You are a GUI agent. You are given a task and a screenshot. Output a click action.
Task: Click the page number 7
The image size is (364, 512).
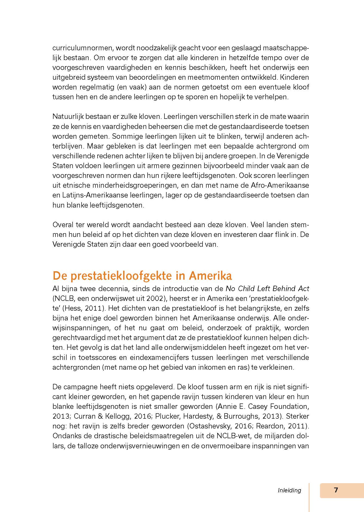(336, 490)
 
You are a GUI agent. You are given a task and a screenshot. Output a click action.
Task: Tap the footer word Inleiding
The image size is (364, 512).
(290, 490)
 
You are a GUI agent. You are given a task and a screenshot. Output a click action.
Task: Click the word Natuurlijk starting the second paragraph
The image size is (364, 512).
(68, 116)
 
